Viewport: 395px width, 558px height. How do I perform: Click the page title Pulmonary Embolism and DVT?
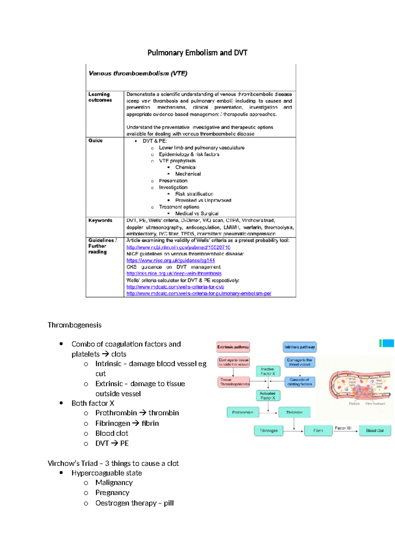point(197,53)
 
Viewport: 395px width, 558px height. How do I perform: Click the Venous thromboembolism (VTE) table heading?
point(138,73)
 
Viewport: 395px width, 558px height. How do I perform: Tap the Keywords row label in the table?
point(100,220)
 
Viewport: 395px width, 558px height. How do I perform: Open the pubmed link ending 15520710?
point(178,247)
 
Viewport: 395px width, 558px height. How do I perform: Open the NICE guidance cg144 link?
point(171,260)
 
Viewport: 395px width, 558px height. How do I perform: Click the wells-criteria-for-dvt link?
point(175,287)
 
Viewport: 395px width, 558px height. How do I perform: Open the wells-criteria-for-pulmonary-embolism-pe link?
point(198,293)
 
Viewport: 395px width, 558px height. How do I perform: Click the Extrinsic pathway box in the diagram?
point(233,347)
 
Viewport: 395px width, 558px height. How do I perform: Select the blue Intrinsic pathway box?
point(300,347)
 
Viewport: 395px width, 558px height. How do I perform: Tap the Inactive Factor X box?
point(268,371)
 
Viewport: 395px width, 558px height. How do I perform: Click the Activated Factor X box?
point(268,395)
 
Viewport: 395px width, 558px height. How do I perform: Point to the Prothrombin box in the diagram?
point(243,412)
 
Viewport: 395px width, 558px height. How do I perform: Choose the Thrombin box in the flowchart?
point(294,412)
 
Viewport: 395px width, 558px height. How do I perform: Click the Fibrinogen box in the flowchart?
point(269,431)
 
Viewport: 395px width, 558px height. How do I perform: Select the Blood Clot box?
point(375,431)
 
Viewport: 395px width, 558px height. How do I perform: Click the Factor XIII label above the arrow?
point(343,428)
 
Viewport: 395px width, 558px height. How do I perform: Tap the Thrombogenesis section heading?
point(74,325)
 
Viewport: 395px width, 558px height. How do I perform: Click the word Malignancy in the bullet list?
point(114,483)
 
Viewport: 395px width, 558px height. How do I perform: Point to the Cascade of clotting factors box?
point(300,382)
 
